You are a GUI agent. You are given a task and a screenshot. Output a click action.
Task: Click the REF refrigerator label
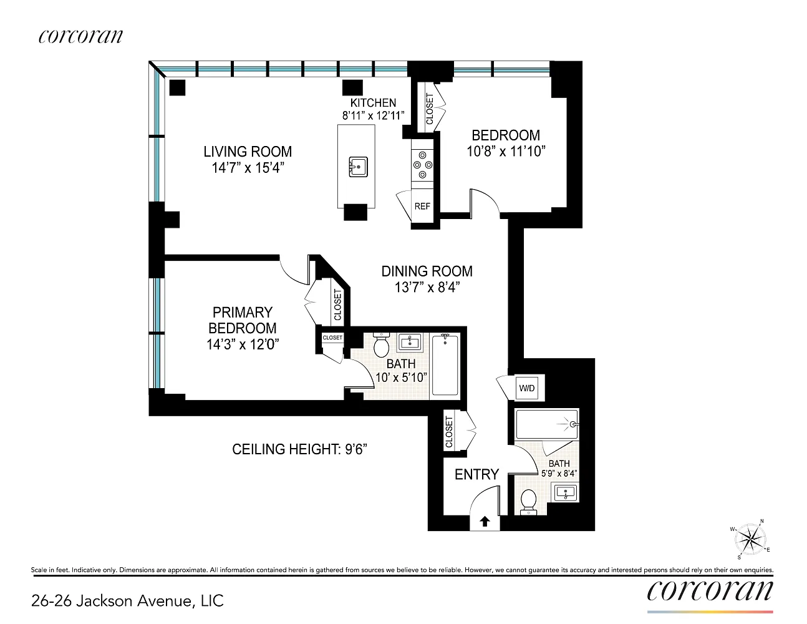pyautogui.click(x=422, y=206)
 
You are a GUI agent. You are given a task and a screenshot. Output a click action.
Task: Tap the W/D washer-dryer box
pyautogui.click(x=526, y=388)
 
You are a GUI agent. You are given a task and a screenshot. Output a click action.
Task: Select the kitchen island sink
pyautogui.click(x=358, y=167)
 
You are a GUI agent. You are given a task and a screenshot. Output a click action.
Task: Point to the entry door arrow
pyautogui.click(x=485, y=522)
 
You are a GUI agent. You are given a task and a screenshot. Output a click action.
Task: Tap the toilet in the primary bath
pyautogui.click(x=381, y=344)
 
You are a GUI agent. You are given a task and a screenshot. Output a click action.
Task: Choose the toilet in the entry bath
pyautogui.click(x=528, y=502)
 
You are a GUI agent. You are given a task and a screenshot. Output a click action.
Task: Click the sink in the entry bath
pyautogui.click(x=566, y=493)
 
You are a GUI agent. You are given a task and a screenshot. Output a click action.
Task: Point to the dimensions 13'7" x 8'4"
pyautogui.click(x=427, y=287)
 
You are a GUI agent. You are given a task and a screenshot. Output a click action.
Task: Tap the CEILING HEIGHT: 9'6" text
pyautogui.click(x=300, y=449)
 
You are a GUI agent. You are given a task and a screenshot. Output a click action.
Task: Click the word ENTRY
pyautogui.click(x=477, y=474)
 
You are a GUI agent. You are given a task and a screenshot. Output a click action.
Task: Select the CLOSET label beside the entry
pyautogui.click(x=449, y=432)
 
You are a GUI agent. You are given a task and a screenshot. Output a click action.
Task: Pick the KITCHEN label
pyautogui.click(x=373, y=102)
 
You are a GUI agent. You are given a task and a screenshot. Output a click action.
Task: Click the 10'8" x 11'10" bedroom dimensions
pyautogui.click(x=506, y=152)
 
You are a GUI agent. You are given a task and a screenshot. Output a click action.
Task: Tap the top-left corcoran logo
pyautogui.click(x=80, y=36)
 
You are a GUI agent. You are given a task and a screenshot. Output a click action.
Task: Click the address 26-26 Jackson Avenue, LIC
pyautogui.click(x=127, y=600)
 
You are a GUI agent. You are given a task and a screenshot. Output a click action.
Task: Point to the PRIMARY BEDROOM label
pyautogui.click(x=243, y=320)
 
